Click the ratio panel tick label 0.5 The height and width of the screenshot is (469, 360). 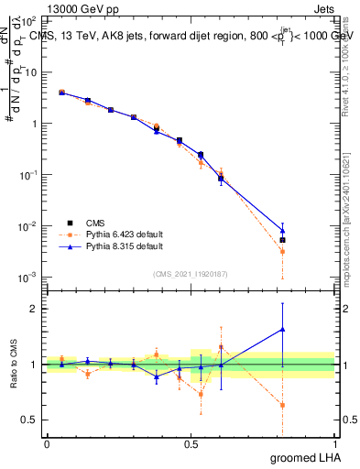pyautogui.click(x=30, y=420)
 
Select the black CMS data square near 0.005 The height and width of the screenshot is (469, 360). pyautogui.click(x=283, y=240)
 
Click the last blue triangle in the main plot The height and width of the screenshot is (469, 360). pyautogui.click(x=283, y=231)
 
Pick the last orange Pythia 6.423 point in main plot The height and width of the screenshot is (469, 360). pyautogui.click(x=283, y=251)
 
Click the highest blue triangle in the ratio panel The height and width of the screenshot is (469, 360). pyautogui.click(x=283, y=329)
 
